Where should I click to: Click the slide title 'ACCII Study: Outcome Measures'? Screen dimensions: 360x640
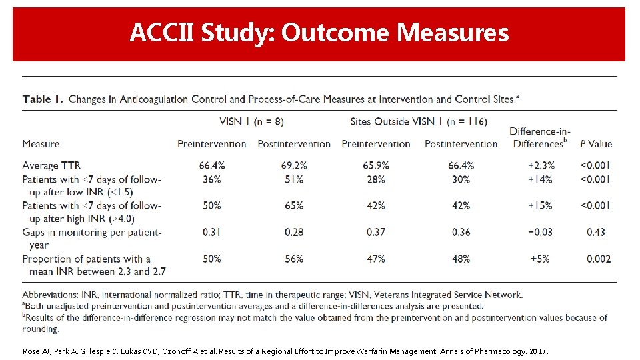pyautogui.click(x=319, y=32)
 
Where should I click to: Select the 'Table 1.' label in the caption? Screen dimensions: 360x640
pyautogui.click(x=43, y=99)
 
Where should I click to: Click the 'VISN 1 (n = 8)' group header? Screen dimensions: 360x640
pyautogui.click(x=251, y=121)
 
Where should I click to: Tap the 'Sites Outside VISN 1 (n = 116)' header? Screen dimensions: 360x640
pyautogui.click(x=418, y=121)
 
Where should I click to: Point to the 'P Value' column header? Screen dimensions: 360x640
pyautogui.click(x=595, y=143)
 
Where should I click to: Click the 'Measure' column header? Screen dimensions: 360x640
pyautogui.click(x=41, y=143)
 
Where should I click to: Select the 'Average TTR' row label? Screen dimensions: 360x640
pyautogui.click(x=51, y=165)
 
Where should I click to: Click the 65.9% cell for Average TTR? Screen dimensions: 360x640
pyautogui.click(x=376, y=165)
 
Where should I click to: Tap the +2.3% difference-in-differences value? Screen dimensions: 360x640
pyautogui.click(x=539, y=165)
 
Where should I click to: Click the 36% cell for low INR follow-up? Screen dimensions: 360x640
pyautogui.click(x=211, y=179)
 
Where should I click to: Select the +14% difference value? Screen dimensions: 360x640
pyautogui.click(x=539, y=179)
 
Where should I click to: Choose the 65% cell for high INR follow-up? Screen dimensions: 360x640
pyautogui.click(x=293, y=205)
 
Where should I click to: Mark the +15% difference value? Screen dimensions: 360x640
pyautogui.click(x=539, y=205)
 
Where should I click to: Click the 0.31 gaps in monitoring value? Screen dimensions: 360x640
pyautogui.click(x=211, y=232)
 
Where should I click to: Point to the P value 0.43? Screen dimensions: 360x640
pyautogui.click(x=595, y=232)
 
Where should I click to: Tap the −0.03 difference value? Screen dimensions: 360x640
pyautogui.click(x=539, y=232)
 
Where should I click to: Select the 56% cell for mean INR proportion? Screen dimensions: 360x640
pyautogui.click(x=293, y=259)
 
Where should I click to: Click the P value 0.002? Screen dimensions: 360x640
pyautogui.click(x=595, y=259)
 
